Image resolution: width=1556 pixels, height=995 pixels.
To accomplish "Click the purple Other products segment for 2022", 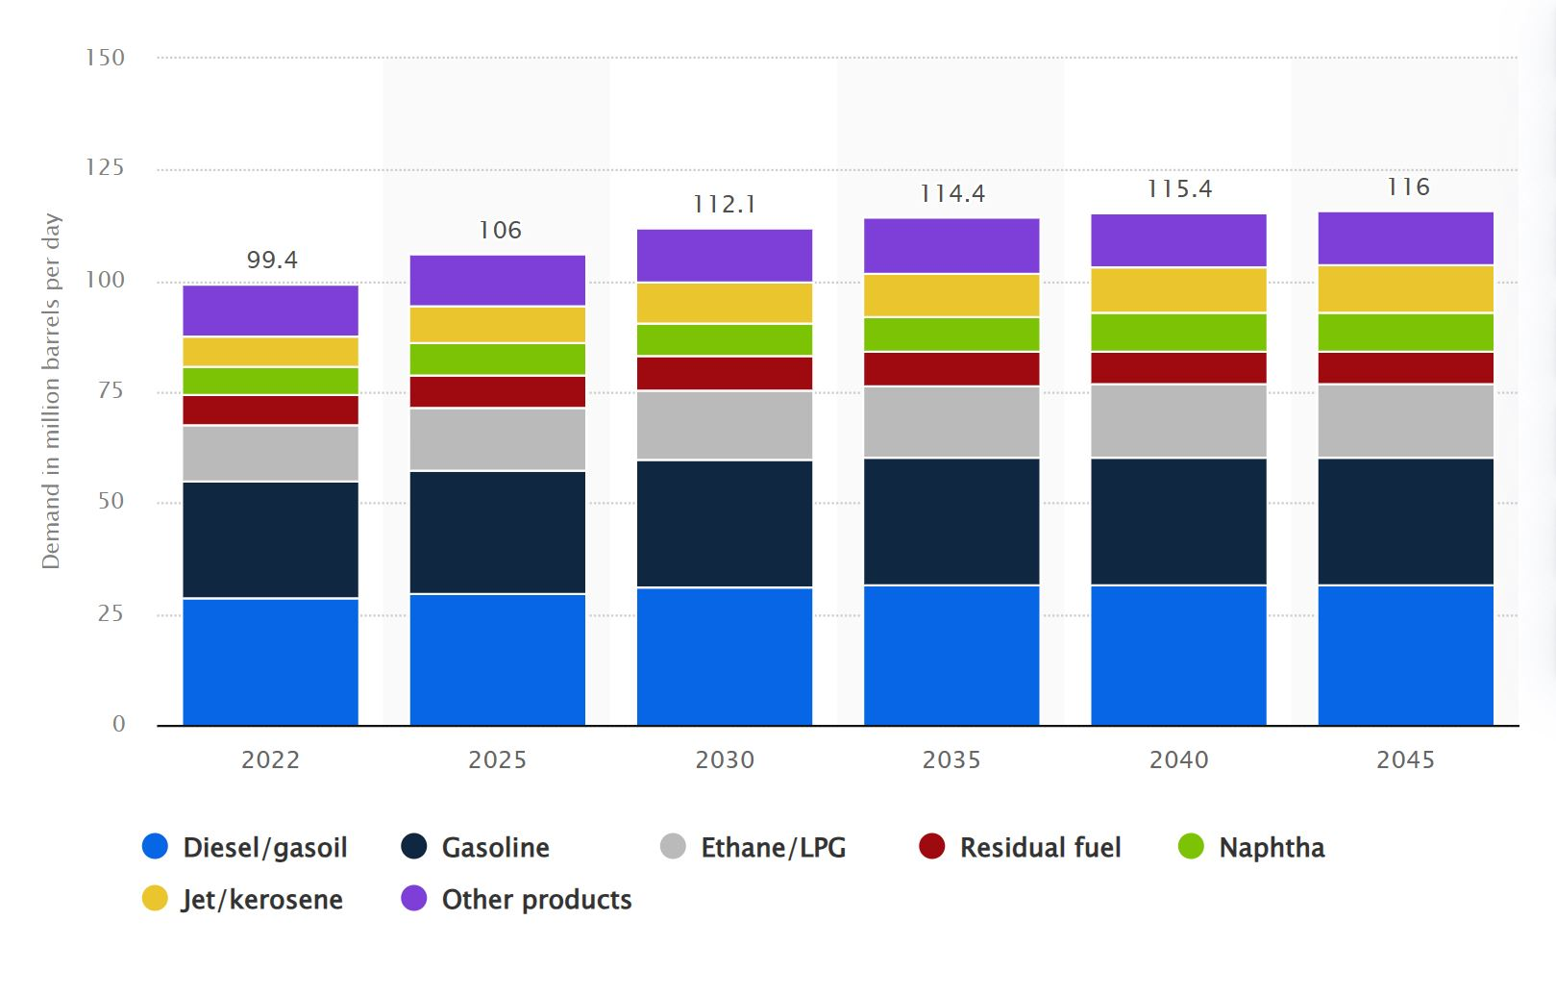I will pos(270,311).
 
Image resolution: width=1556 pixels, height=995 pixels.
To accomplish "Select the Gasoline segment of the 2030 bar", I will pos(724,523).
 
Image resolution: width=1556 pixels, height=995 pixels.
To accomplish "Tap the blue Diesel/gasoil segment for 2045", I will pos(1405,655).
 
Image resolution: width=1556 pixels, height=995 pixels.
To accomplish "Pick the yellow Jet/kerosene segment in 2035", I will pos(951,295).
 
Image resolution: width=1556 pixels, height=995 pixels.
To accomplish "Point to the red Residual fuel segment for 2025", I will pos(497,391).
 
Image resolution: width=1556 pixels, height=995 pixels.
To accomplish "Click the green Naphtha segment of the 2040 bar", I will pos(1178,332).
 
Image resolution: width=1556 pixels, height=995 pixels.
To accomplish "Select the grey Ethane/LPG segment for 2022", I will pos(270,453).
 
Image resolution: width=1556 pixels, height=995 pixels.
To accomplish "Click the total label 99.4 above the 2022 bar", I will pos(272,260).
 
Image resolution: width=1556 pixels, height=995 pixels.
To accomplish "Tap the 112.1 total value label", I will pos(725,204).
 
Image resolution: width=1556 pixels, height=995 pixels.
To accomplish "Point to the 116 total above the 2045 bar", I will pos(1408,187).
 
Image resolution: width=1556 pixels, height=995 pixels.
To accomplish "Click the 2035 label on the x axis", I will pos(951,759).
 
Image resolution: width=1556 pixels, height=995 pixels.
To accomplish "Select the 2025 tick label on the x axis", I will pos(497,759).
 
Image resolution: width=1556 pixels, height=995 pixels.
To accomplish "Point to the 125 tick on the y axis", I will pos(105,167).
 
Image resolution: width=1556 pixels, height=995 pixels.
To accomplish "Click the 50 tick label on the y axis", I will pos(111,501).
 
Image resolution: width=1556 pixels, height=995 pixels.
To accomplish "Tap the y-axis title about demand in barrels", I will pos(51,390).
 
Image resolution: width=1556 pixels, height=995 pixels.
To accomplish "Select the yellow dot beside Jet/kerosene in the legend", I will pos(155,898).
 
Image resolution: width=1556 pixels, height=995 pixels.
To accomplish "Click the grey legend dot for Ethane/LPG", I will pos(673,846).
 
